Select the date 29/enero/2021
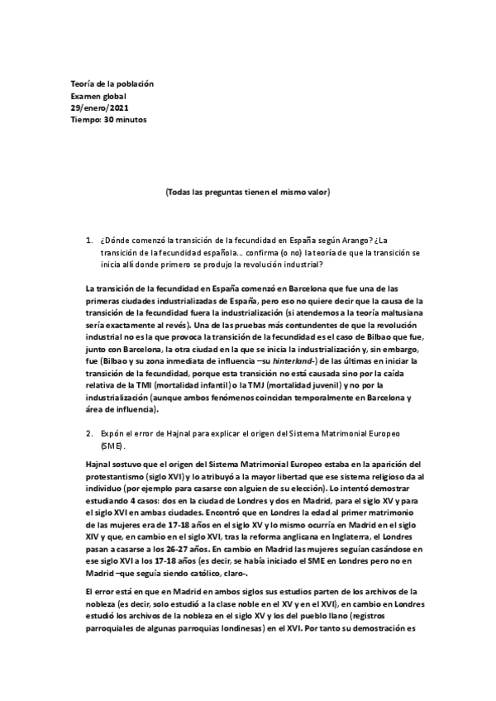pyautogui.click(x=99, y=107)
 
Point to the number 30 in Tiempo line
pyautogui.click(x=108, y=119)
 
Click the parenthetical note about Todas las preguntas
pyautogui.click(x=248, y=192)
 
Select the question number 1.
pyautogui.click(x=88, y=241)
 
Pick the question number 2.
pyautogui.click(x=88, y=432)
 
